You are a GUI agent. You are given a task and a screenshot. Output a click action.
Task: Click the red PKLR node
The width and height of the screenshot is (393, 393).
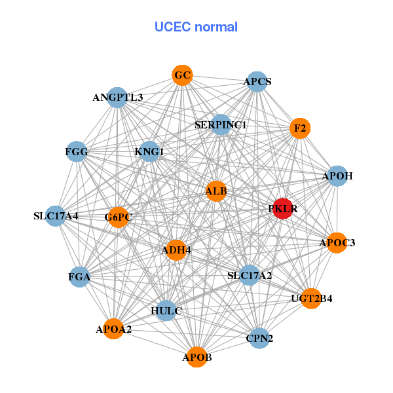click(x=282, y=209)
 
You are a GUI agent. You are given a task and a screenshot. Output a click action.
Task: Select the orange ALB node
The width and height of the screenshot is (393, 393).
click(x=216, y=192)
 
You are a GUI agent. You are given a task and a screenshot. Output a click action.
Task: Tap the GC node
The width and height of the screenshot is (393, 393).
click(x=183, y=75)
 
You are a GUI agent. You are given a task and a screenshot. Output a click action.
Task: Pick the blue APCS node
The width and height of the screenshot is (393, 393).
click(x=257, y=82)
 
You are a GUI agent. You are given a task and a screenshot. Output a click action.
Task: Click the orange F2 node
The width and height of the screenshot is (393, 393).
click(x=300, y=128)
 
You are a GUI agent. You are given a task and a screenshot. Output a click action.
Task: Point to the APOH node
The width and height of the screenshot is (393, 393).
click(x=337, y=176)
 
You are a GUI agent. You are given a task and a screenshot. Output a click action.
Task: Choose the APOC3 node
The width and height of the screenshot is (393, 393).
click(x=337, y=243)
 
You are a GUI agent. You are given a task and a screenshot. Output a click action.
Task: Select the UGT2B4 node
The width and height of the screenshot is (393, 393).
click(x=312, y=299)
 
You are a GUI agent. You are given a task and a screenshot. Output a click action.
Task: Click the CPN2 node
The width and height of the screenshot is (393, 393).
click(x=259, y=338)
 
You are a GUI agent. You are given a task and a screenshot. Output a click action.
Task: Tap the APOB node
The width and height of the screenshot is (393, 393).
click(x=197, y=358)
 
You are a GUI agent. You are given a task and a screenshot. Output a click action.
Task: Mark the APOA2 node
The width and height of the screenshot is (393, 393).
click(x=114, y=329)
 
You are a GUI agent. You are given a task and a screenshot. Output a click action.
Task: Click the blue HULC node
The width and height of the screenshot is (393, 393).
click(x=166, y=310)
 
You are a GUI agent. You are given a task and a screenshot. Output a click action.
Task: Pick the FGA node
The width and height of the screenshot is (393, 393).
click(x=79, y=277)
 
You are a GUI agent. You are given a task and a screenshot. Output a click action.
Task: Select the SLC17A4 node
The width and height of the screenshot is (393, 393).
click(x=56, y=215)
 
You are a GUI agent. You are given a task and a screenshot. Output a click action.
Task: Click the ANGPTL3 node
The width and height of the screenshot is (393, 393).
click(x=117, y=98)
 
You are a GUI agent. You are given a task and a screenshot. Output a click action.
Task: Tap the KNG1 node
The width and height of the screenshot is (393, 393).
click(x=149, y=152)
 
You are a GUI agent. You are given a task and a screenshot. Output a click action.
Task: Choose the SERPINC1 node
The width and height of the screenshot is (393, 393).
click(x=221, y=124)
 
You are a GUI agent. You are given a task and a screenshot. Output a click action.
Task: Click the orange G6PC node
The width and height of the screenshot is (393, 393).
click(x=118, y=217)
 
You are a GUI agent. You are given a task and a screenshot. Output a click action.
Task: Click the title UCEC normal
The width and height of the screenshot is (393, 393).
click(x=196, y=27)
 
